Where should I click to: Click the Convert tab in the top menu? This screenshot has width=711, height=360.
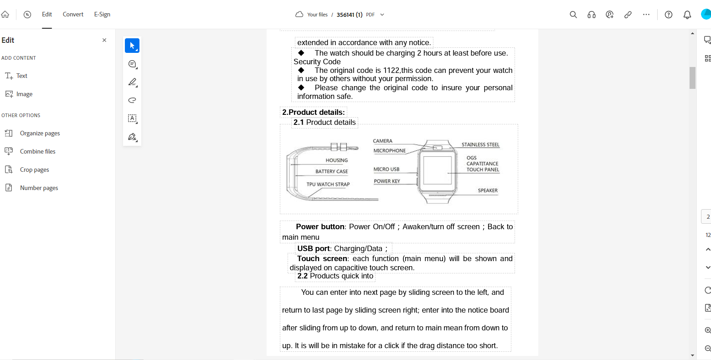[73, 15]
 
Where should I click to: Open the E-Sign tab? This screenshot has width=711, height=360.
[102, 15]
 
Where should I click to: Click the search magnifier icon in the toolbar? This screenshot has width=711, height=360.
[573, 15]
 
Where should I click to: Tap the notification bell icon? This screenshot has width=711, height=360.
[687, 15]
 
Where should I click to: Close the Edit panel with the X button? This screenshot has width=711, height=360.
[104, 40]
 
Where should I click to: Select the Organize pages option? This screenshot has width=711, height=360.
[40, 134]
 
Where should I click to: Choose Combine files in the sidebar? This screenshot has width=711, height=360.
[37, 152]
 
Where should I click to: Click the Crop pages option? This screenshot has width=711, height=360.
[34, 170]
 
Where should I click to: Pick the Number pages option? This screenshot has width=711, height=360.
[39, 188]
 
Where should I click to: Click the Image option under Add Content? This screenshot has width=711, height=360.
[24, 94]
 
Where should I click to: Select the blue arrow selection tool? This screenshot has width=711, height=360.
[132, 46]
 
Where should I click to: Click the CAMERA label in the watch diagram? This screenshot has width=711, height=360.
[382, 141]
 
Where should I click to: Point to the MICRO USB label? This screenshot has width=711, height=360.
[386, 170]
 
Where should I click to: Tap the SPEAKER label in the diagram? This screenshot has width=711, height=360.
[488, 190]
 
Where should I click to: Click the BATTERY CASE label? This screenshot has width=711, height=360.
[331, 172]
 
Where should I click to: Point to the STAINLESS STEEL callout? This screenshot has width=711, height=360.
[480, 145]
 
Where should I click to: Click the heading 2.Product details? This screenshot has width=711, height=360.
[314, 113]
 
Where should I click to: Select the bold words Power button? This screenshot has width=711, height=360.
[320, 227]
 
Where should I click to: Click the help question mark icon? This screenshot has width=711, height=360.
[669, 15]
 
